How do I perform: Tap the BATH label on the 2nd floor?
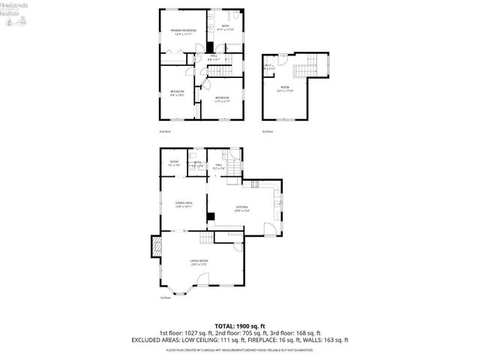pos(226,27)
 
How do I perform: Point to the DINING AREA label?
pos(184,203)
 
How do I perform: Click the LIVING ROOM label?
pos(198,262)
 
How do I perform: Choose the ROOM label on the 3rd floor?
pos(286,88)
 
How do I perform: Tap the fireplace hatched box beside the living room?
pos(157,247)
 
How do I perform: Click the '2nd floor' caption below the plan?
pos(164,131)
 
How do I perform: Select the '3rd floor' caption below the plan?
pos(267,131)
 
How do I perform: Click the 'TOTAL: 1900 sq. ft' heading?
pos(239,325)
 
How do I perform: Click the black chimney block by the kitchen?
pos(211,217)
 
